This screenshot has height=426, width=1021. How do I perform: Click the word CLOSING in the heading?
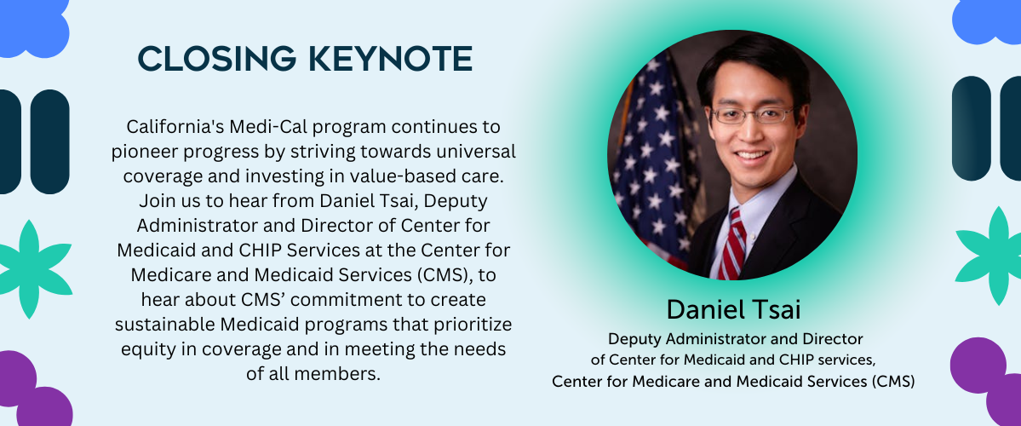(217, 59)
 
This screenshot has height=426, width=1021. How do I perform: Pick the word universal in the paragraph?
(479, 151)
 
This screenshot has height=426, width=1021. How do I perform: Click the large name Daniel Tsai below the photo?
(733, 311)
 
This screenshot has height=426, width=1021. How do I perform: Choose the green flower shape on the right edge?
(991, 256)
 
